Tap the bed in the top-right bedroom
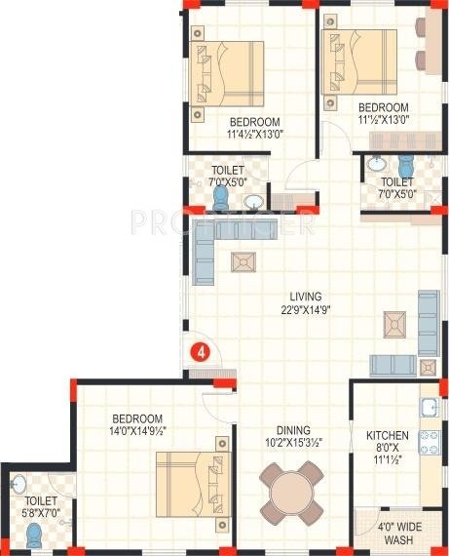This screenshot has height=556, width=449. tap(355, 64)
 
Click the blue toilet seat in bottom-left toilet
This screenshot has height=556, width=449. tap(35, 535)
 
